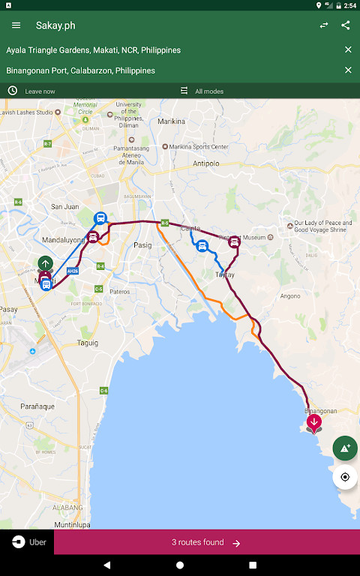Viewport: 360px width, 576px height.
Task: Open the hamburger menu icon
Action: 16,25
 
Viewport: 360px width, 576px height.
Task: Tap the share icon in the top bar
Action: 345,25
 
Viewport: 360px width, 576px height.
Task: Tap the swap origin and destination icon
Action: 324,25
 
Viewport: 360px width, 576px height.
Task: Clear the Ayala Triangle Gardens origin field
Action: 348,49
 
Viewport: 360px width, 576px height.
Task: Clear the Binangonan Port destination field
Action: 348,70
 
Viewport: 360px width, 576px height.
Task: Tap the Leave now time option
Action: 40,91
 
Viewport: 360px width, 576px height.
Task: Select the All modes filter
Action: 208,91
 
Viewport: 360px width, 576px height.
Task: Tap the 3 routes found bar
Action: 206,542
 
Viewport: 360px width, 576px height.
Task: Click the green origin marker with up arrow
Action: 46,263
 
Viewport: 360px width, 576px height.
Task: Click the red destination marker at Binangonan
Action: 314,422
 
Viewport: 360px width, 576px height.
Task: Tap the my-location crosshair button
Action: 345,477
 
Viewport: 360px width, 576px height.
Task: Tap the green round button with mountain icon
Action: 345,448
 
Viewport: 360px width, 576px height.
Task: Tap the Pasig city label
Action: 142,245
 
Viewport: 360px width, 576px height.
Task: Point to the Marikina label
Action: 172,121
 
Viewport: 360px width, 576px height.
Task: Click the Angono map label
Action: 289,296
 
